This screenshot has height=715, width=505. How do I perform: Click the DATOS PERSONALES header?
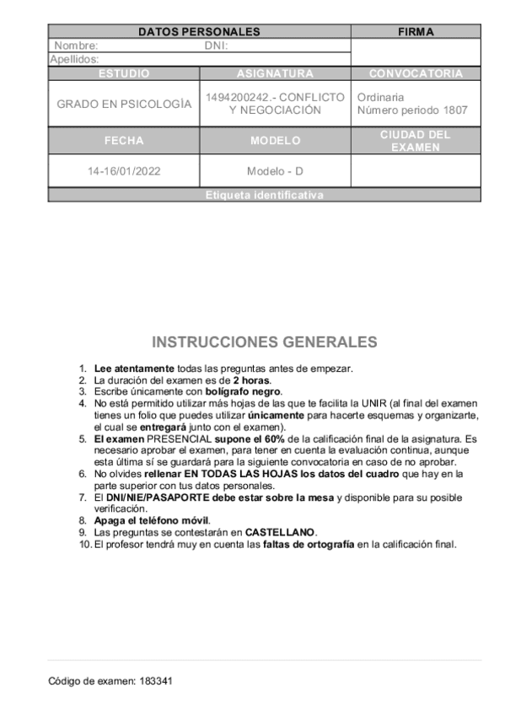point(199,32)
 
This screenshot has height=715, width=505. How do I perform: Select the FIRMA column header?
point(416,32)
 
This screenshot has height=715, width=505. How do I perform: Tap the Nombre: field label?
point(76,46)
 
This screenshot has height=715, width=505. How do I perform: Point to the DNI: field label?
point(217,46)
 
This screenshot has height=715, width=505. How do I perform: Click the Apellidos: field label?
point(74,59)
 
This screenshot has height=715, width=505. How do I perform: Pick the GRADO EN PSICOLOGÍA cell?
point(124,104)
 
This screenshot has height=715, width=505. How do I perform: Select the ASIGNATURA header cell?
point(275,73)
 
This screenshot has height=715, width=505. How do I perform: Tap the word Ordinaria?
point(380,97)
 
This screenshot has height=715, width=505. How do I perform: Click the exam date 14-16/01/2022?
point(124,171)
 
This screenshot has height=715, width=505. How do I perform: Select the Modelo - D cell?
point(275,171)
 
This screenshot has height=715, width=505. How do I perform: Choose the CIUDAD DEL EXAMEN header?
point(416,141)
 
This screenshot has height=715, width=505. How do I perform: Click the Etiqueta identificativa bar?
point(264,195)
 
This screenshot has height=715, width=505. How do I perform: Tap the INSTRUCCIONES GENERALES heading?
point(265,342)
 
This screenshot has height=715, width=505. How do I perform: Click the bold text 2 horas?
point(252,380)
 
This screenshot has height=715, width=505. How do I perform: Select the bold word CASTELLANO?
point(281,533)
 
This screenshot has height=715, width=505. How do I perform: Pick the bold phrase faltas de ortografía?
point(308,544)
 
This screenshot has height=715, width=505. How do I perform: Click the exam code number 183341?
point(157,680)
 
